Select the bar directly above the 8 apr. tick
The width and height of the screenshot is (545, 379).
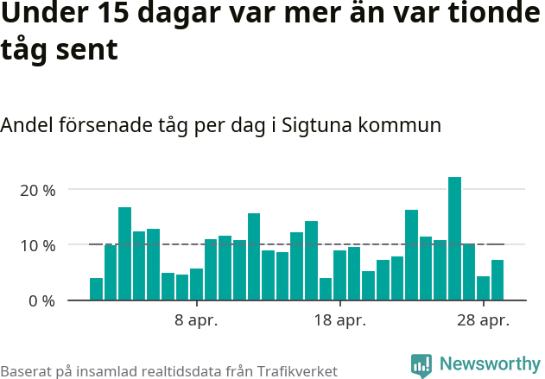[196, 285]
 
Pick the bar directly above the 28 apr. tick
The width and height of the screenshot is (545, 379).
[483, 288]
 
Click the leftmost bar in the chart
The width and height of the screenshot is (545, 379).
[96, 289]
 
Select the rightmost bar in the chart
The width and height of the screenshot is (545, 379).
[497, 281]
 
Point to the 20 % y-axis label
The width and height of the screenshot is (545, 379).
[37, 190]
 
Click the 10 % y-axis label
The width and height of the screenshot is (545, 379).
[37, 245]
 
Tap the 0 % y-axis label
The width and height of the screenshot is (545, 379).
[41, 301]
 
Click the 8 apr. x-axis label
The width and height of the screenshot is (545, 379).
[196, 321]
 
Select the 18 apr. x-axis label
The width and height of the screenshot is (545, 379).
[339, 321]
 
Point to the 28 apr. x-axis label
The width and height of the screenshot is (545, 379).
[483, 321]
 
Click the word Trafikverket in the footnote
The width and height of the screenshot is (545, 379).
[295, 370]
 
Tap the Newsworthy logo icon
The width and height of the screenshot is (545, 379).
[421, 365]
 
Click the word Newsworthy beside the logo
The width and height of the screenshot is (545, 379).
[489, 364]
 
